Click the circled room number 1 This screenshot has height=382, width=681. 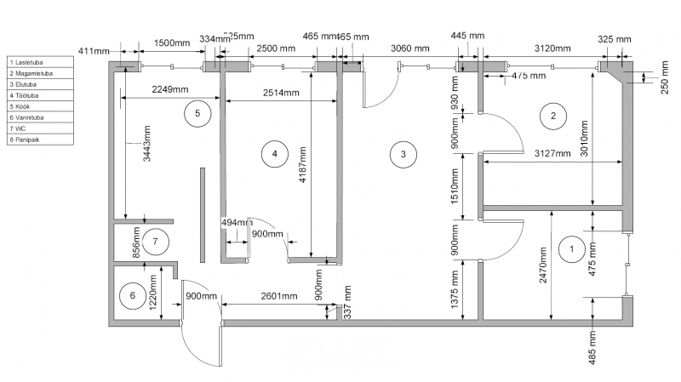[x=569, y=249]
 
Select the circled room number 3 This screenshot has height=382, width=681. [x=403, y=154]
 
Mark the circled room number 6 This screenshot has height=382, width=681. [x=132, y=296]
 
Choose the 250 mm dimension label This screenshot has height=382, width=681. [x=664, y=77]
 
